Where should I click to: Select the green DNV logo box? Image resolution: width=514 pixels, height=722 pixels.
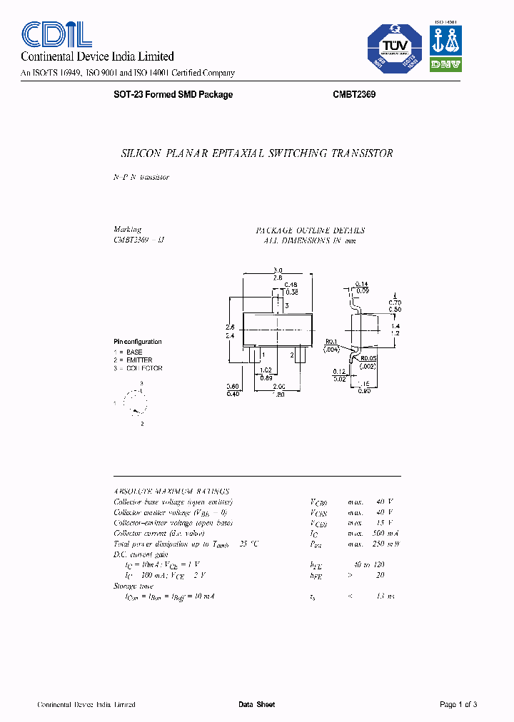(445, 64)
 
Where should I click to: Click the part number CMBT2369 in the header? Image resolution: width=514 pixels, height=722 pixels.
(354, 95)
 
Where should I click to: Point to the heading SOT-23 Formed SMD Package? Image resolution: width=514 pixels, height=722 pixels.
(173, 95)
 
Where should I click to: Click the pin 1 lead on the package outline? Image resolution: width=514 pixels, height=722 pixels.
(255, 355)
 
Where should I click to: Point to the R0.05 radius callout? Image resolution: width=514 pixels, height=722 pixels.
(368, 359)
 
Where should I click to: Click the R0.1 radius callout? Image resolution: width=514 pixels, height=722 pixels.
(330, 342)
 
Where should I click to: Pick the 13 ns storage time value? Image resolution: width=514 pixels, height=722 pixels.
(386, 596)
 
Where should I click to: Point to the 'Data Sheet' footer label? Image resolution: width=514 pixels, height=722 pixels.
(256, 705)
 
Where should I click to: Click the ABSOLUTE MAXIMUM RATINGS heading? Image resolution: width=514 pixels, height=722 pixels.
(171, 492)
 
